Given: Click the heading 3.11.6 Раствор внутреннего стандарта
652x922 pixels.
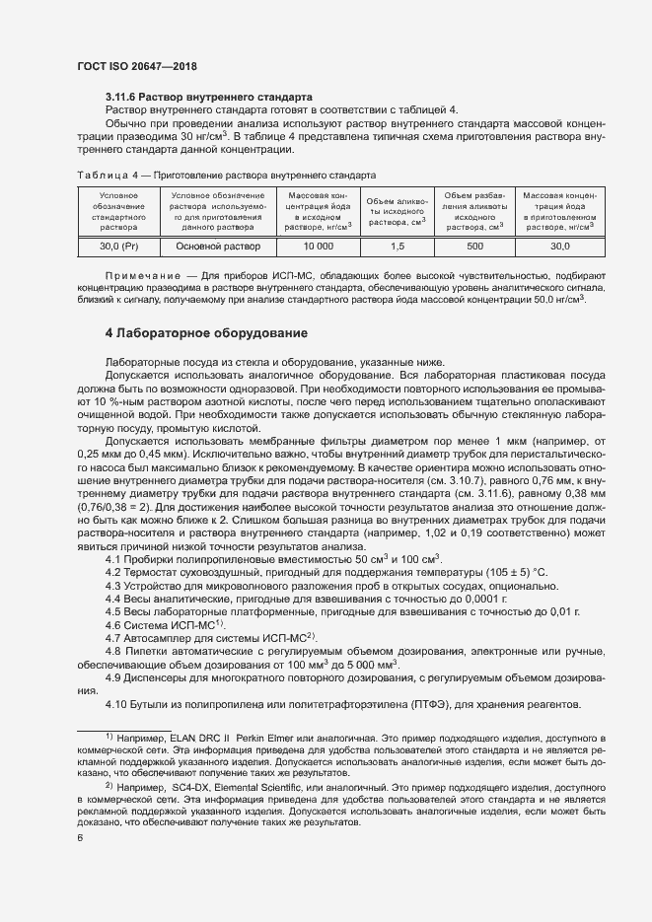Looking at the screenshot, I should [x=209, y=97].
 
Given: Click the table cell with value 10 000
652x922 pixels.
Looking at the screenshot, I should [x=318, y=246].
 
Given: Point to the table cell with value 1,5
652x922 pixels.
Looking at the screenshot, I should [x=398, y=246].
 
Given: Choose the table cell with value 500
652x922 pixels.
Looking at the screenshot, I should [x=474, y=246].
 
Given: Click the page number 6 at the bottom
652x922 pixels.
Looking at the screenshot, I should [x=80, y=838].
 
